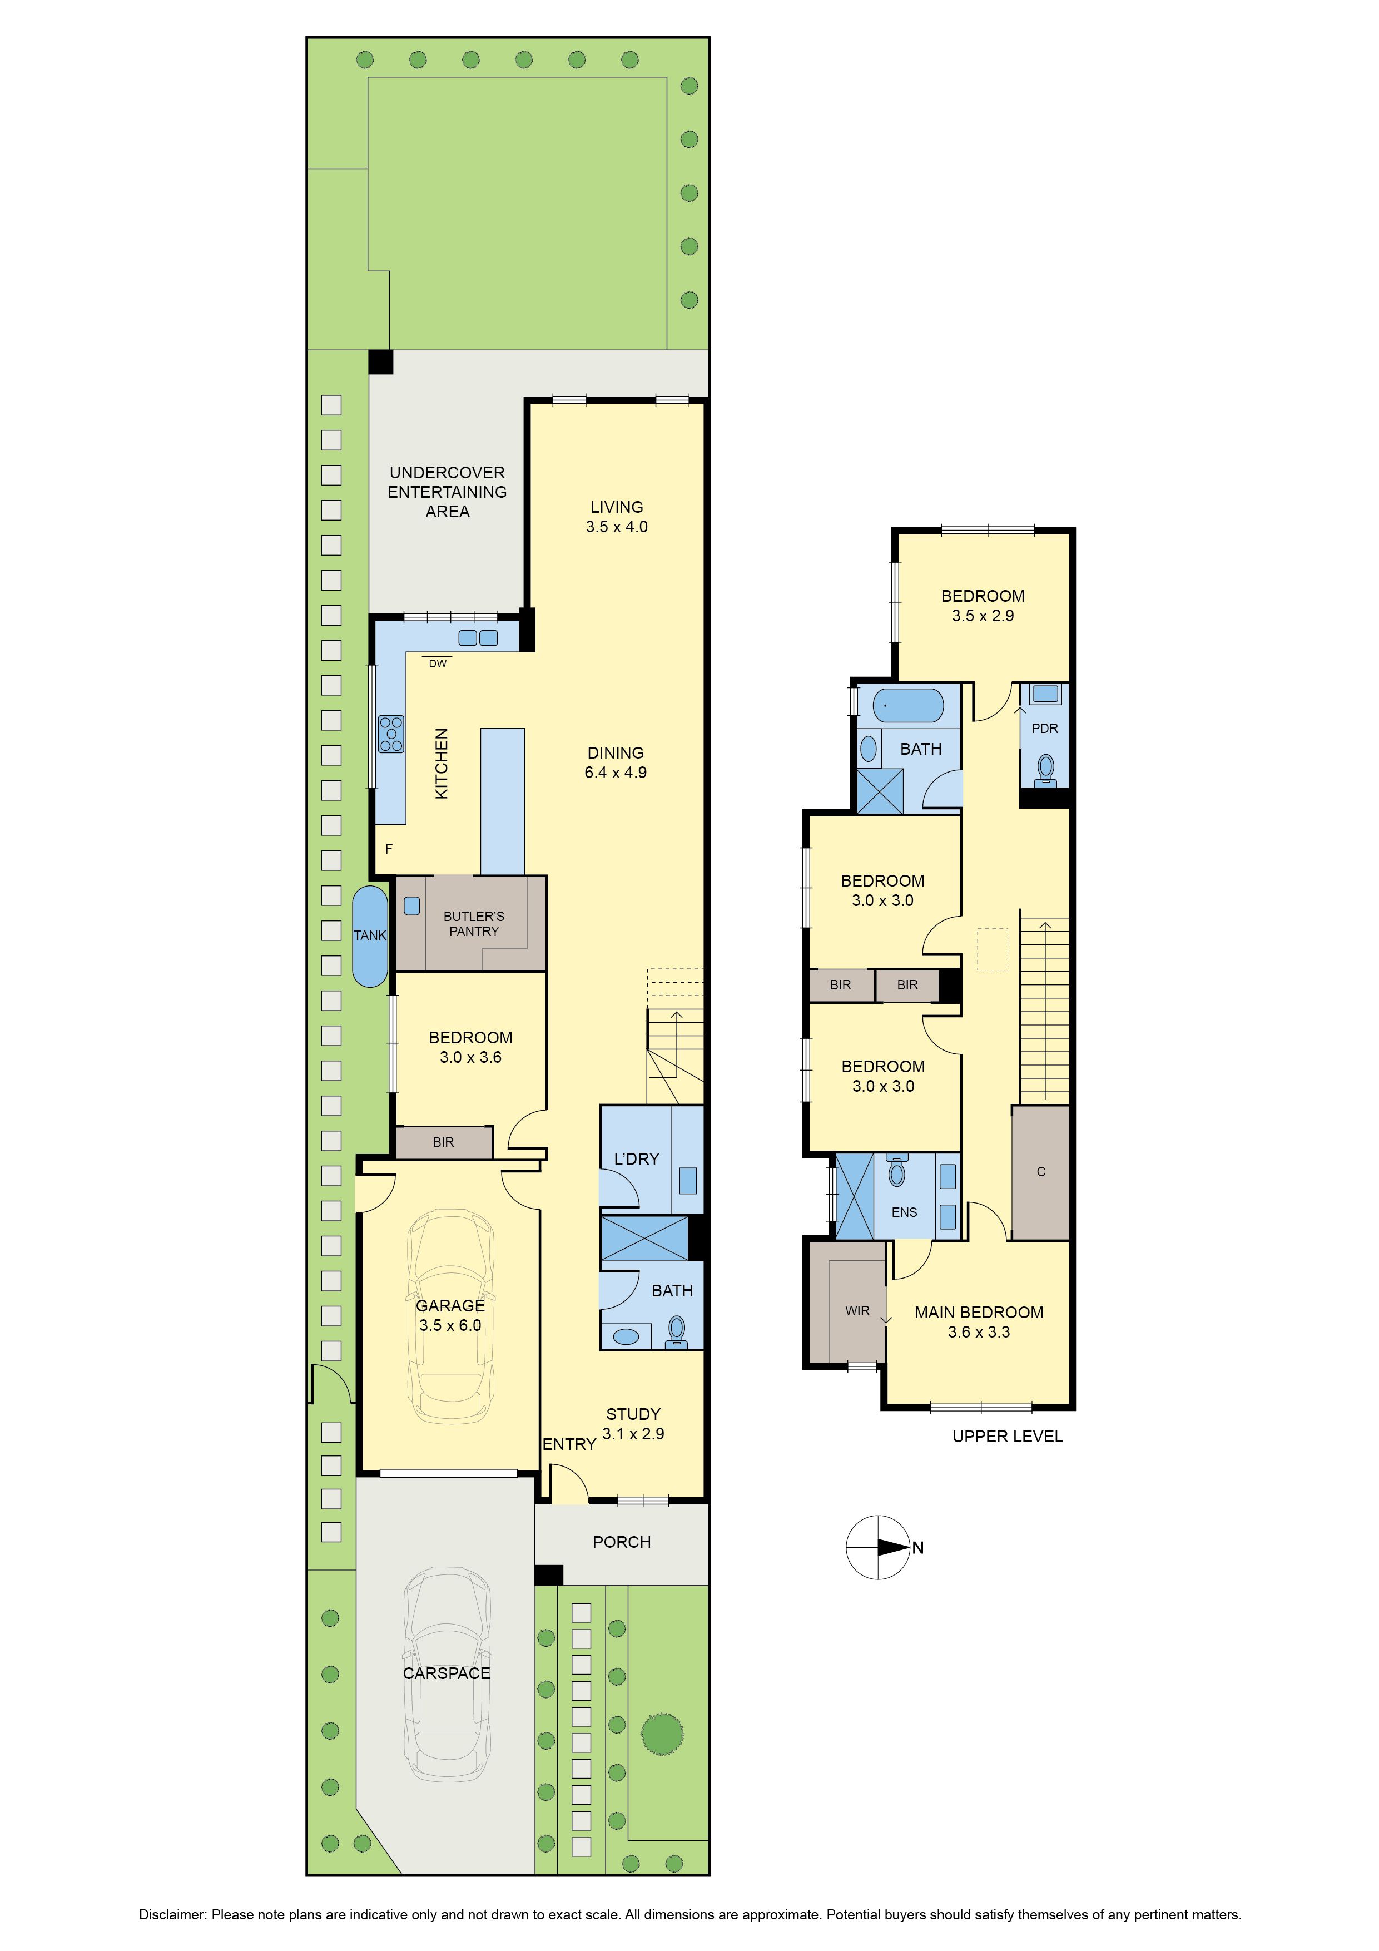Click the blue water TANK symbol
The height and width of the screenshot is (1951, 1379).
pyautogui.click(x=370, y=935)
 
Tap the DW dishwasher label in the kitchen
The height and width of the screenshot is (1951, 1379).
pyautogui.click(x=438, y=663)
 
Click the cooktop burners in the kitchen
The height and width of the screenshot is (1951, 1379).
pyautogui.click(x=391, y=734)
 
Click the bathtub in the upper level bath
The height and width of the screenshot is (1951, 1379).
pyautogui.click(x=908, y=705)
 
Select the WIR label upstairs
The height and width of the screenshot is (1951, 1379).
pyautogui.click(x=857, y=1310)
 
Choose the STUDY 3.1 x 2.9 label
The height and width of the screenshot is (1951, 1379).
pyautogui.click(x=633, y=1423)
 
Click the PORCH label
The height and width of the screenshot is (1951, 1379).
pyautogui.click(x=622, y=1542)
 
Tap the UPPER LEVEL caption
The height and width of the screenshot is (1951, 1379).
pyautogui.click(x=1008, y=1436)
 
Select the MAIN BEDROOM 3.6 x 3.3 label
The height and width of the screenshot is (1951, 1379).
pyautogui.click(x=979, y=1321)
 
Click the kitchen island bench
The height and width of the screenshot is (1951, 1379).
pyautogui.click(x=502, y=801)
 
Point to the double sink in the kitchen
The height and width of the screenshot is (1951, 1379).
pyautogui.click(x=478, y=637)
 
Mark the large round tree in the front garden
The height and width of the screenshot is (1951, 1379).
pyautogui.click(x=662, y=1734)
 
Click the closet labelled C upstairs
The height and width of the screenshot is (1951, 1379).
pyautogui.click(x=1041, y=1172)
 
